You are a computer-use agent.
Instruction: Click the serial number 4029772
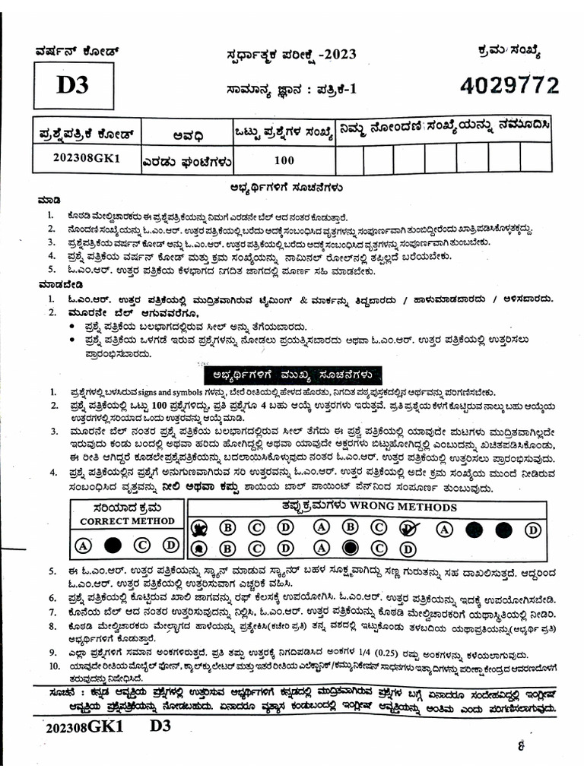pos(509,86)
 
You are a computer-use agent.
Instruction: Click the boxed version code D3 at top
pos(73,85)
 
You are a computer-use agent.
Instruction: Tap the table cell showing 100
pos(284,160)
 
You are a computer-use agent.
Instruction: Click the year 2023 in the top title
pos(338,54)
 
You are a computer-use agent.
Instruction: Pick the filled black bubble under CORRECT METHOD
pos(113,545)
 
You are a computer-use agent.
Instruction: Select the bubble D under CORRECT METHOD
pos(170,545)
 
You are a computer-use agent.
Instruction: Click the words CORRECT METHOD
pos(127,521)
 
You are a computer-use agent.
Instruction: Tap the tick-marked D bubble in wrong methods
pos(408,528)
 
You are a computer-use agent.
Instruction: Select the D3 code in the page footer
pos(160,725)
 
